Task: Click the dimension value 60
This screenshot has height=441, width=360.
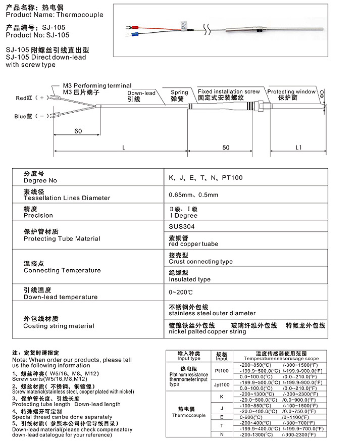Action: pos(78,131)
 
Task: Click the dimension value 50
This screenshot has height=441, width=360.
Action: pos(226,148)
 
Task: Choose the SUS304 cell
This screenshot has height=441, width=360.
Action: pos(181,227)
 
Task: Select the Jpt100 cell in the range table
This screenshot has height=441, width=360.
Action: pos(222,384)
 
